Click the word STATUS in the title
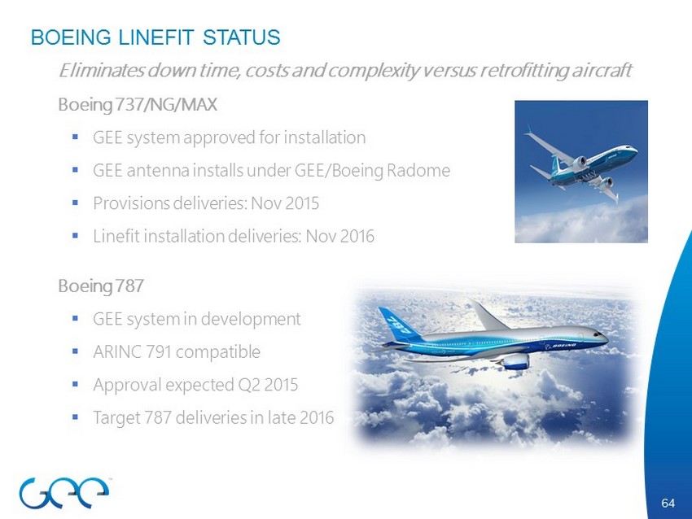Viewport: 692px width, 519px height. (242, 37)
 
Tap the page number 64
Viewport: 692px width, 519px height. (668, 503)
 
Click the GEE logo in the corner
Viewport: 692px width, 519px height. (64, 491)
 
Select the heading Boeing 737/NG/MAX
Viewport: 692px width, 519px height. (138, 105)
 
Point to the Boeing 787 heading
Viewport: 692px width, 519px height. (101, 286)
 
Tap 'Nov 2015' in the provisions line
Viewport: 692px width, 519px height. (285, 203)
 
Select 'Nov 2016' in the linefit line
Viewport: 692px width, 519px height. (339, 237)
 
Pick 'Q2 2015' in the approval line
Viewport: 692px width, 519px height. (268, 385)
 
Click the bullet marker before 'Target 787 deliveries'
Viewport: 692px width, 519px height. (75, 417)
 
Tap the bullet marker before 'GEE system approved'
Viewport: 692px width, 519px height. (75, 137)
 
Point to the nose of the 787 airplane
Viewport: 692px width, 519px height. (605, 338)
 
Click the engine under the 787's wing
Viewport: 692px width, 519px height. (515, 361)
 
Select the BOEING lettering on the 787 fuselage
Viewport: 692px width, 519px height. (564, 345)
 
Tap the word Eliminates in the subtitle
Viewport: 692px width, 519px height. (102, 70)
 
